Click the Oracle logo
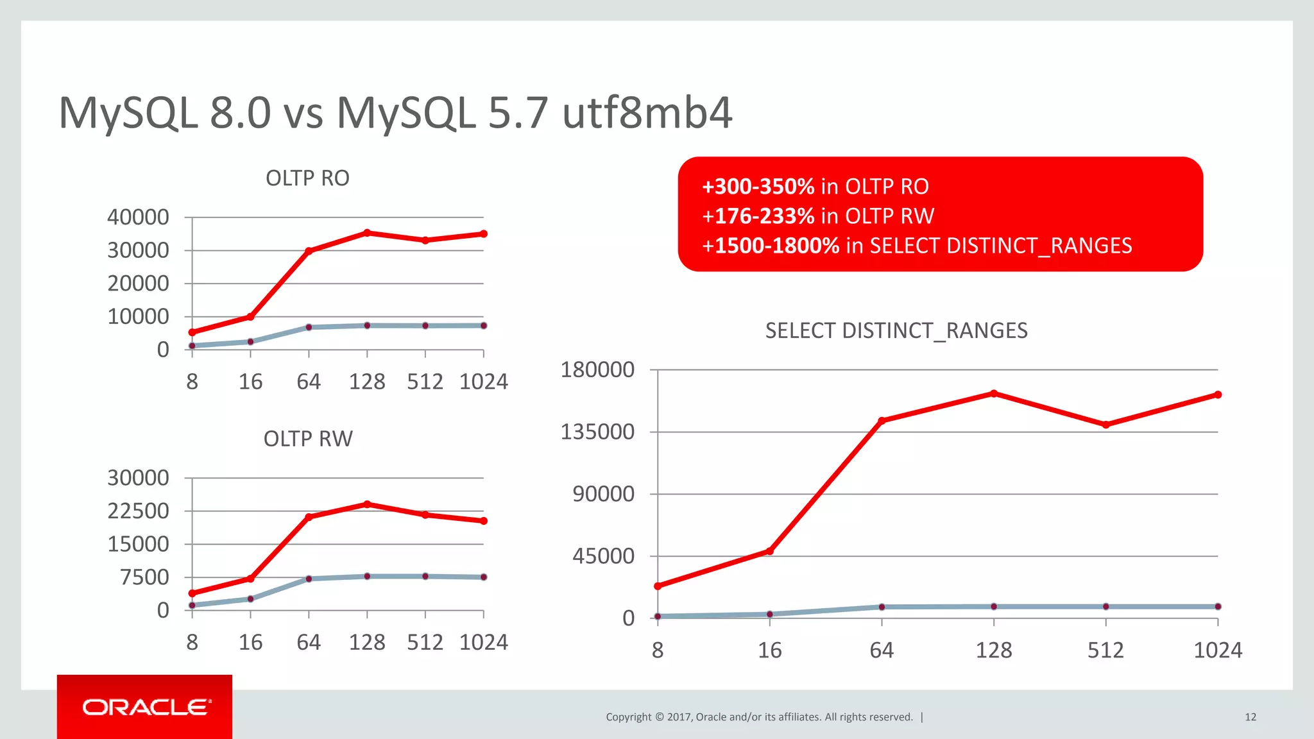coord(146,707)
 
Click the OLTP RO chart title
coord(307,178)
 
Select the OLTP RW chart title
coord(308,439)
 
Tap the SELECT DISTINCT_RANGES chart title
coord(896,330)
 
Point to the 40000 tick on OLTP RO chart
coord(138,217)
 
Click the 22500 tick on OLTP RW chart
coord(138,511)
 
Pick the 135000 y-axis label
coord(597,432)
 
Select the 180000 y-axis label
coord(597,369)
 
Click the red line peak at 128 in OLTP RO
coord(367,233)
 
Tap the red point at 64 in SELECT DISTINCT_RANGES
coord(882,421)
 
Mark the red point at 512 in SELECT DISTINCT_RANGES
coord(1105,425)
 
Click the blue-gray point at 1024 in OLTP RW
coord(483,577)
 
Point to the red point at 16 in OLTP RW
coord(250,579)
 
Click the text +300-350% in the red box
coord(758,187)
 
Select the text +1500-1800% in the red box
coord(770,246)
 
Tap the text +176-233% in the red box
coord(758,216)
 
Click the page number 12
coord(1250,717)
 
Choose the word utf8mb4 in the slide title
coord(647,113)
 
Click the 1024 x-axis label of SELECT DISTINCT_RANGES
coord(1217,650)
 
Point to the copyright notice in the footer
coord(759,717)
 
